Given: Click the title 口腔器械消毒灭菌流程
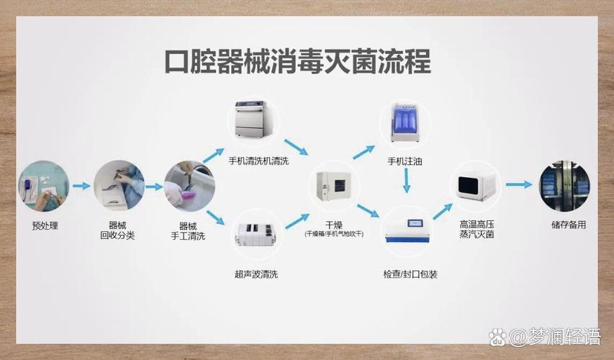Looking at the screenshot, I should point(297,62).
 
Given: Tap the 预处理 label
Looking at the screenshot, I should point(45,225).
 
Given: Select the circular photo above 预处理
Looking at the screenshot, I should point(44,186).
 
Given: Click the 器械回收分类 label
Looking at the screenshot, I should point(117,230).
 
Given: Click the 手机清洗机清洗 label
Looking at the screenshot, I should point(258,161).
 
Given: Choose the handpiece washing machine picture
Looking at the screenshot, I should point(258,121).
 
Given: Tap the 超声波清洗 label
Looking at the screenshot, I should point(256,274).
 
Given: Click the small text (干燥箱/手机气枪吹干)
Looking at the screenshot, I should point(333,235).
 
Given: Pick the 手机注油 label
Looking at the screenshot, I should point(405,161).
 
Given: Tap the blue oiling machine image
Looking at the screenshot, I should point(405,123).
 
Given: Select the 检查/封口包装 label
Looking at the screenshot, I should point(410,274).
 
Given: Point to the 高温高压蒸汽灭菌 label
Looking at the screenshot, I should point(477,230).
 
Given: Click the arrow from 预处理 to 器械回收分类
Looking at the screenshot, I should point(81,186).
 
